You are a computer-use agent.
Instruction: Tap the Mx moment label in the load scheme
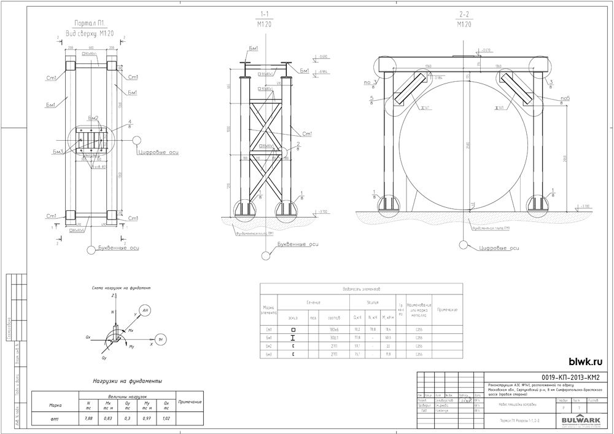tap(130, 330)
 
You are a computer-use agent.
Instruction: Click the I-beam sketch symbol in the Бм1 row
tap(293, 338)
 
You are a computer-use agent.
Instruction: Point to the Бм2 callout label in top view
tap(93, 118)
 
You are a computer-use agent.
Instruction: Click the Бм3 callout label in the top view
tap(58, 151)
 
